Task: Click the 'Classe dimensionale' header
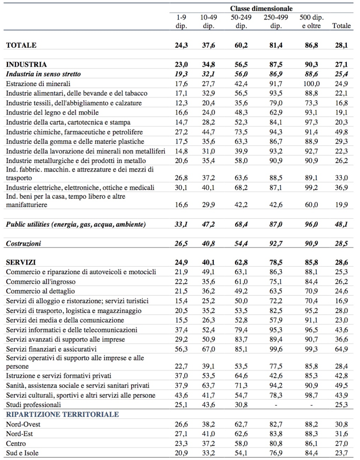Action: click(x=261, y=8)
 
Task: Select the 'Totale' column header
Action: click(x=341, y=26)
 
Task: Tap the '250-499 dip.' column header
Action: click(x=276, y=22)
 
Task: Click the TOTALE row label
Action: click(x=21, y=44)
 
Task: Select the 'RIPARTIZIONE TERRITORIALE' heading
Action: click(x=62, y=414)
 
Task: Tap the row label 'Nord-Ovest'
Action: click(x=24, y=424)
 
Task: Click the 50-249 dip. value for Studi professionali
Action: click(x=241, y=404)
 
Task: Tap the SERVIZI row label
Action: click(x=22, y=262)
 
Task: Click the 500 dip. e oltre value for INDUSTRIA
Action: click(x=309, y=64)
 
